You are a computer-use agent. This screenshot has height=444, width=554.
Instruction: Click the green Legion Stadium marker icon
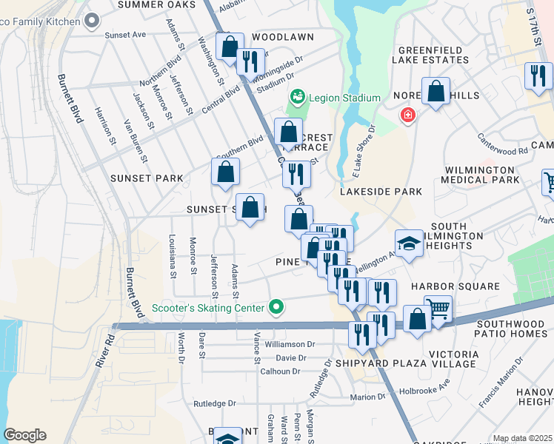(x=297, y=97)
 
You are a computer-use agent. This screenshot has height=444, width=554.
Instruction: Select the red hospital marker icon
(x=407, y=115)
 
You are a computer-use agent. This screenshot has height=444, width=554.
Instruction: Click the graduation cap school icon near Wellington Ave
(x=409, y=243)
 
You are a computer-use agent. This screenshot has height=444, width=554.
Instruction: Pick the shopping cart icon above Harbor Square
(x=438, y=307)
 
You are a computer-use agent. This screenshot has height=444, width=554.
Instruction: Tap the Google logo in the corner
(x=24, y=435)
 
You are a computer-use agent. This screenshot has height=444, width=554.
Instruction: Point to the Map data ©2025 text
(x=521, y=438)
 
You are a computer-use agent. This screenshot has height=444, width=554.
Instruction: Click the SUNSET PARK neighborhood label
(x=141, y=178)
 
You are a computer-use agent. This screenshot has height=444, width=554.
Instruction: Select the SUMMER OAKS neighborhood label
(x=156, y=4)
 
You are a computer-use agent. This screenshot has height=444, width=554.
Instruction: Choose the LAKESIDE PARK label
(x=381, y=192)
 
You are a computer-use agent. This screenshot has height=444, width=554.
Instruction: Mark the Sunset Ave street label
(x=125, y=35)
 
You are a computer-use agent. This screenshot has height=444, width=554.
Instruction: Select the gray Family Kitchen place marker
(x=93, y=20)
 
